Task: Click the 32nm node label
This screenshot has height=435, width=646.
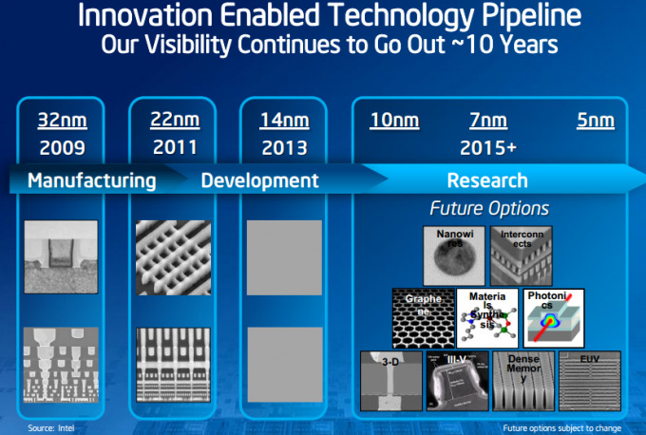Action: click(63, 120)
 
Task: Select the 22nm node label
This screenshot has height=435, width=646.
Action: click(174, 120)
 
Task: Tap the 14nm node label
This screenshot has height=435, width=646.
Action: click(284, 120)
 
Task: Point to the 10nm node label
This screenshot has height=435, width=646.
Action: click(395, 121)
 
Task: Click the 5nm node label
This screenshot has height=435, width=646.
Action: click(596, 121)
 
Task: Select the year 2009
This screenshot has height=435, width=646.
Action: click(63, 147)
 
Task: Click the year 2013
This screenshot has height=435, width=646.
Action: click(284, 147)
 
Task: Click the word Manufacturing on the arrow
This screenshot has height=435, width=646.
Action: click(91, 180)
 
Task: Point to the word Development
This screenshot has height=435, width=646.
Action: click(259, 180)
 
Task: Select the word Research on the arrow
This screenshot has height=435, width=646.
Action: click(486, 180)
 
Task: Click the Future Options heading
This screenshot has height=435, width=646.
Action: click(489, 208)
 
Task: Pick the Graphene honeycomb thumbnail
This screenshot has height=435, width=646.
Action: click(423, 318)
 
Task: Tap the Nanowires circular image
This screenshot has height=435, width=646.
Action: click(452, 254)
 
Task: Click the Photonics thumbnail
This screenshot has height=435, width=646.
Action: click(554, 318)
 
